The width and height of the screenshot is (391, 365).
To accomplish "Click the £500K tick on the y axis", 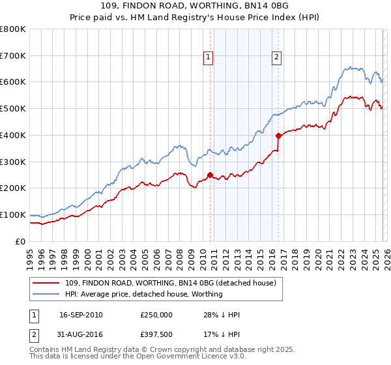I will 13,108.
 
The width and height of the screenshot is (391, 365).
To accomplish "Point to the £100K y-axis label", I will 13,214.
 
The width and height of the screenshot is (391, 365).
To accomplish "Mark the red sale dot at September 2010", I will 210,175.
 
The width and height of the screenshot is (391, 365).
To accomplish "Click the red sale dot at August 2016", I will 278,136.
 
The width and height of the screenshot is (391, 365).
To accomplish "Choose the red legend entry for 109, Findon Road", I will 171,283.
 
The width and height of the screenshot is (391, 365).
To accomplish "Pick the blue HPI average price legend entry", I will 143,294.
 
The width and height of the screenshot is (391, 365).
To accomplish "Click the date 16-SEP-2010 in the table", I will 81,315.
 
